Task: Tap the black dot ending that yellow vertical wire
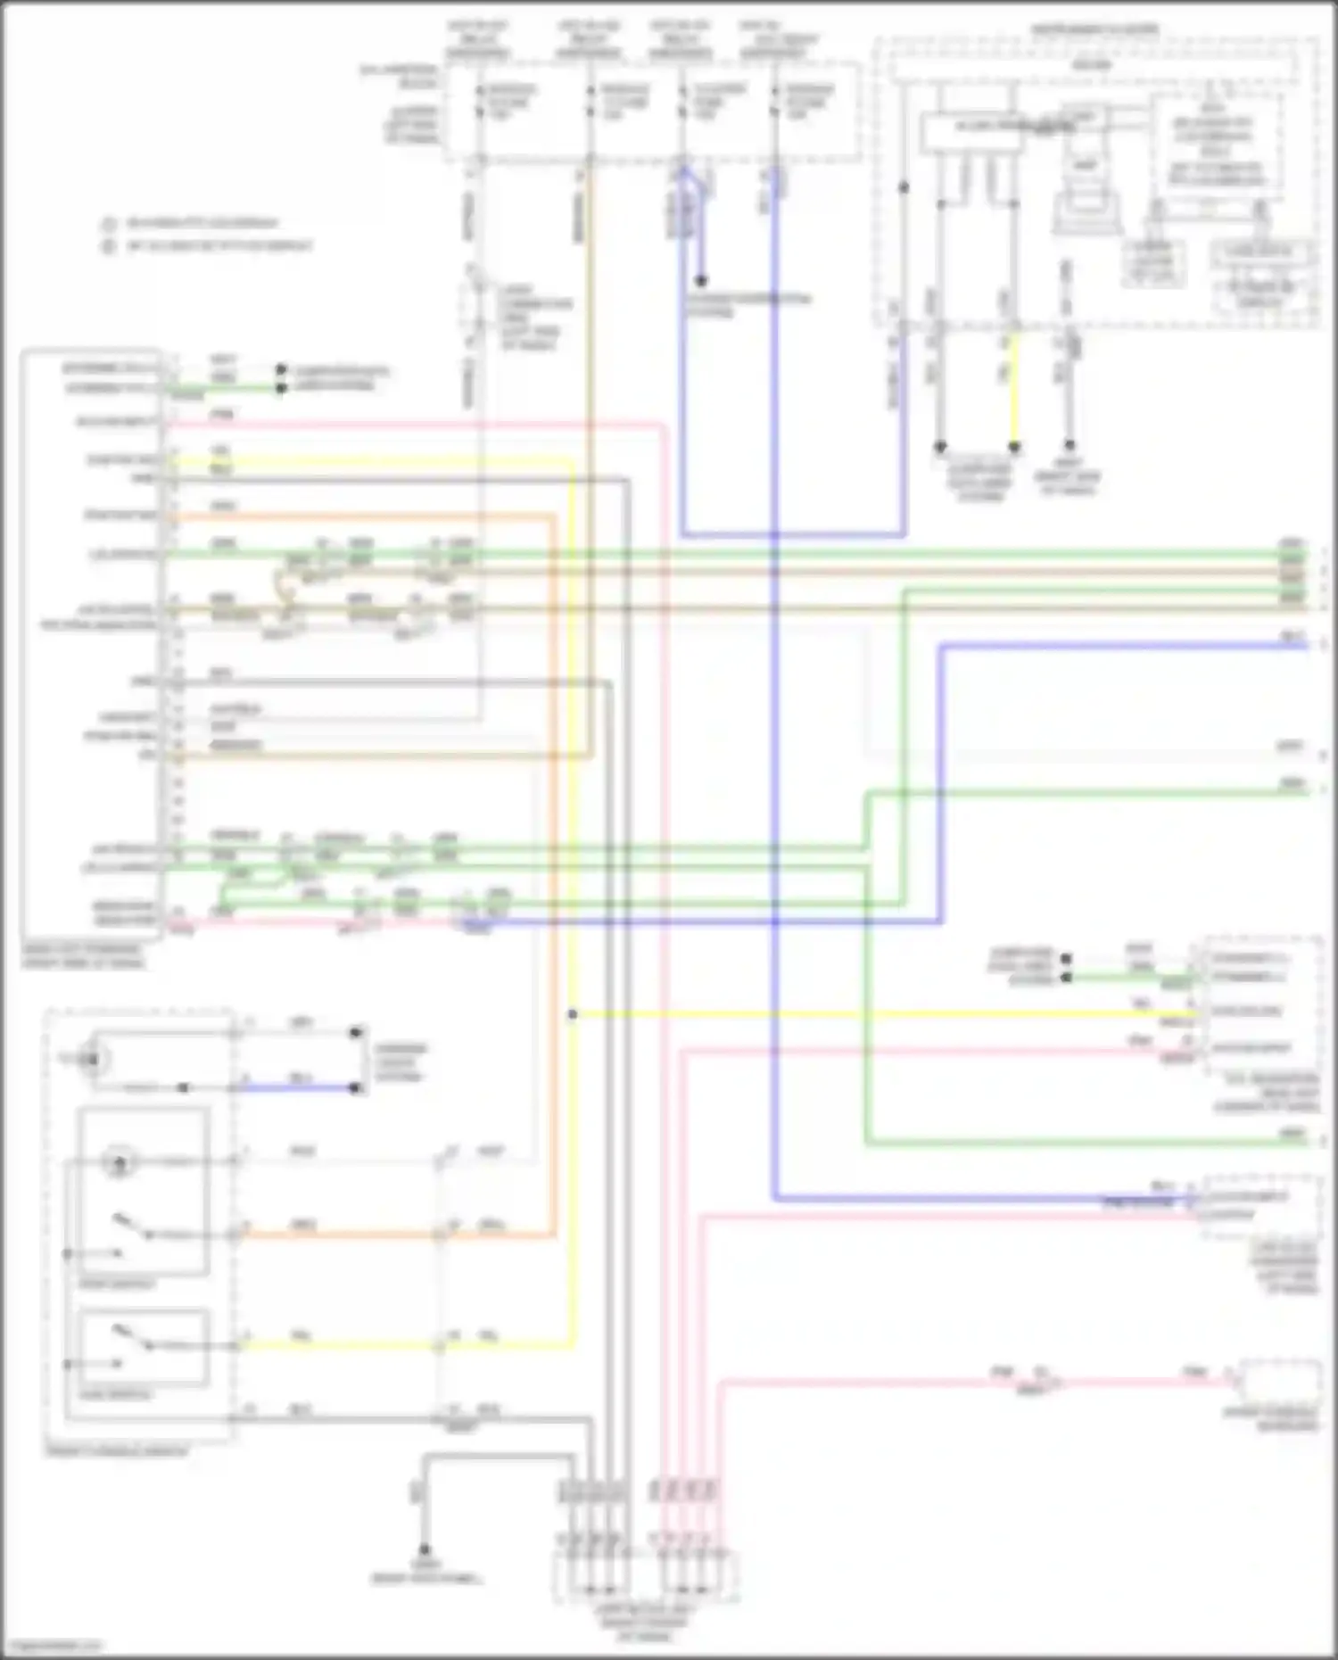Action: click(x=1014, y=447)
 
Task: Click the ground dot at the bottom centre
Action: click(x=425, y=1550)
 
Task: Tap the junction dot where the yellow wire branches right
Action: click(x=573, y=1014)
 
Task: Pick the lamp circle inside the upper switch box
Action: click(x=117, y=1162)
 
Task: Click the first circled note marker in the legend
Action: click(x=110, y=224)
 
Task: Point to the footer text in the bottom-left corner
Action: click(x=52, y=1646)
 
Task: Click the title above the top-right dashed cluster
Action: click(x=1095, y=30)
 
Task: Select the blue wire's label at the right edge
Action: click(x=1293, y=636)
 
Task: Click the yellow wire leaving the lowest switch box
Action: click(x=339, y=1346)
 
